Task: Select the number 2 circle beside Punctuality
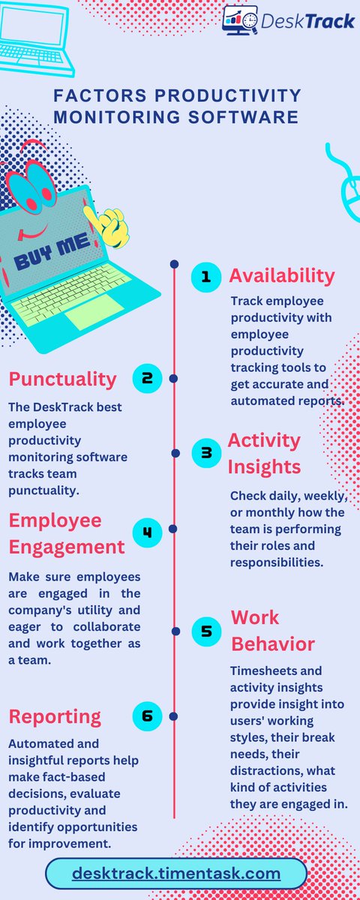[x=147, y=379]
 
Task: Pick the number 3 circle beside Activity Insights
[x=205, y=452]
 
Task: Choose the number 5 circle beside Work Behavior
[x=205, y=631]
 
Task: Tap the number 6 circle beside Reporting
[x=147, y=715]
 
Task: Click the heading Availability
[x=281, y=275]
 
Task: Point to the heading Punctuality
[x=63, y=379]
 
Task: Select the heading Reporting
[x=55, y=716]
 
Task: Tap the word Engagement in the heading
[x=67, y=547]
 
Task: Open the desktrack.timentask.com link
[x=176, y=874]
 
